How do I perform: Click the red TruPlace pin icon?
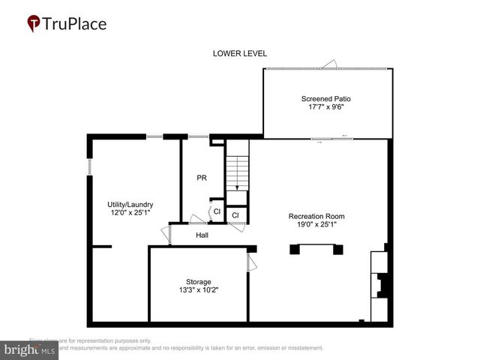click(34, 24)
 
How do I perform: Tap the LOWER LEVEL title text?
click(239, 53)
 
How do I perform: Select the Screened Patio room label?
click(325, 99)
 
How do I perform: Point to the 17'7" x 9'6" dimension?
click(325, 107)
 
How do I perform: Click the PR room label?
click(201, 178)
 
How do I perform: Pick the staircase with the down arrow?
click(237, 172)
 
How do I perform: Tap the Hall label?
click(202, 235)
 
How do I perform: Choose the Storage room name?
click(199, 281)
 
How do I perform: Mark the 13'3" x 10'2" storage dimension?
click(199, 289)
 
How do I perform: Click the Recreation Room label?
click(316, 216)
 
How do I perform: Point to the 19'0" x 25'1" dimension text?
click(316, 224)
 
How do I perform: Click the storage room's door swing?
click(252, 263)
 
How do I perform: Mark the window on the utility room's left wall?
click(89, 166)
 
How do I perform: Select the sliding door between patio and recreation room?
click(322, 138)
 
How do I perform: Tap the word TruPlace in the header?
click(75, 24)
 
